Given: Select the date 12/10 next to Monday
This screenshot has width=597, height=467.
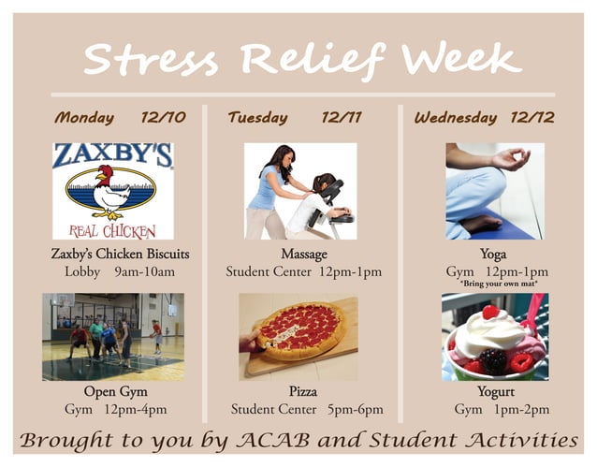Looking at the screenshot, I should coord(163,118).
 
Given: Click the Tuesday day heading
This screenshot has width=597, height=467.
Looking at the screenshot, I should coord(256,118).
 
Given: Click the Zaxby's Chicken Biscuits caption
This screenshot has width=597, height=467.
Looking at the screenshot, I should coord(120,254).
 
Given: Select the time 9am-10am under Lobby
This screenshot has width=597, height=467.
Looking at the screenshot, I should coord(144,272).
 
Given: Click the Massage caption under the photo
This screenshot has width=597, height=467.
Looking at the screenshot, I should coord(304,254).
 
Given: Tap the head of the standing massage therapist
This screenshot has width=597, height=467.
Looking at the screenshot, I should coord(282,156).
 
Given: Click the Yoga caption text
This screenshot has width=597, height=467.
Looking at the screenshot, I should coord(493,254).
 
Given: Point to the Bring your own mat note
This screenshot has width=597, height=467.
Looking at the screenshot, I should coord(497,284).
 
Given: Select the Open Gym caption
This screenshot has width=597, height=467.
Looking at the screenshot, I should coord(115,391).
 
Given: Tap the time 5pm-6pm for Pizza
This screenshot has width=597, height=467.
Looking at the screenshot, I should coord(357,410).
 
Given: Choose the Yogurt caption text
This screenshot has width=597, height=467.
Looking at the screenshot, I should coord(493,391).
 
